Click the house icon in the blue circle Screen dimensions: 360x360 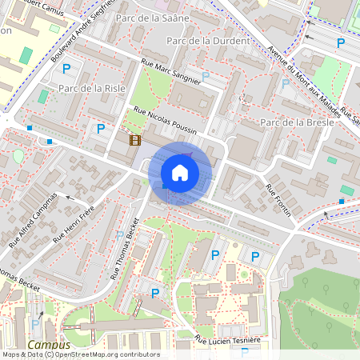click(x=180, y=173)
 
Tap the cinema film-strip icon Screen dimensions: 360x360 click(x=135, y=140)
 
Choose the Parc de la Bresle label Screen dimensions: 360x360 click(x=297, y=122)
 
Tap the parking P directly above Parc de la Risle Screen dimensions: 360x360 click(x=66, y=70)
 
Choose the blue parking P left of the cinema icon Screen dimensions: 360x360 click(x=101, y=128)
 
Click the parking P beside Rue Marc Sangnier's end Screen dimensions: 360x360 click(x=206, y=77)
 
